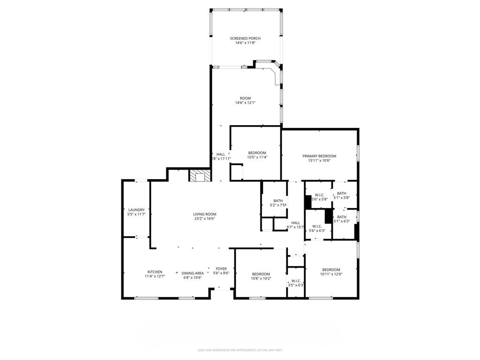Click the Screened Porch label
point(245,38)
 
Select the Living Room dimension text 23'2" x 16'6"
point(205,218)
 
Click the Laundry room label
point(136,210)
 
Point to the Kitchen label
point(155,272)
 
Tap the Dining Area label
point(192,273)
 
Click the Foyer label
point(221,269)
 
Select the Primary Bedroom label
point(319,156)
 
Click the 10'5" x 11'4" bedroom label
point(257,153)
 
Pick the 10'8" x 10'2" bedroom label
point(261,274)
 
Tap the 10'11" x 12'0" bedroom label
point(330,270)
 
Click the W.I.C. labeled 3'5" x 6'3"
point(295,281)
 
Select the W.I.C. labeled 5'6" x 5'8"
point(319,195)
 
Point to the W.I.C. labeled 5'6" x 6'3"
point(317,226)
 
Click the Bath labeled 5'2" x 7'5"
point(278,201)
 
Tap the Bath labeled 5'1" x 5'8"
point(341,193)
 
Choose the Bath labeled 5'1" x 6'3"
point(341,217)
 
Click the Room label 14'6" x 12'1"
point(245,98)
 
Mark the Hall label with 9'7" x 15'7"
point(295,223)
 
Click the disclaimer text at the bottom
point(240,350)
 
